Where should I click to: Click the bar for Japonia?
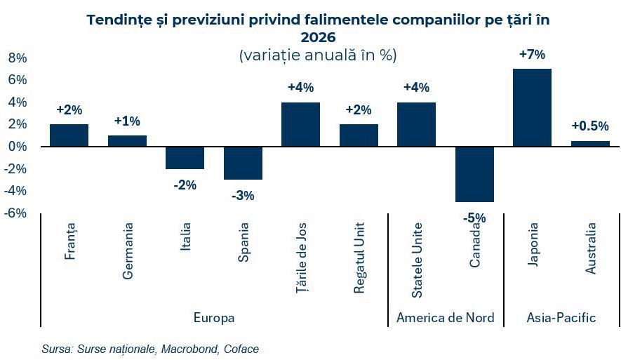[532, 107]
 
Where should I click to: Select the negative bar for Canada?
[474, 174]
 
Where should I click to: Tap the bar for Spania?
[243, 163]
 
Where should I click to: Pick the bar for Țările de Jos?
[300, 124]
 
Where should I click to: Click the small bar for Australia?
[590, 143]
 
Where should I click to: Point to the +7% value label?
[532, 55]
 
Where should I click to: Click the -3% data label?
[243, 195]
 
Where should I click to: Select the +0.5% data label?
[590, 126]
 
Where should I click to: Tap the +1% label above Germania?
[127, 121]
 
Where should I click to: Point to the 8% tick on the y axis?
[17, 58]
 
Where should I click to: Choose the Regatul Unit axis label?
[359, 253]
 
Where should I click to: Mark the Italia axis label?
[185, 240]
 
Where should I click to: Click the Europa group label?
[214, 318]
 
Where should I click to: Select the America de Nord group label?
[446, 318]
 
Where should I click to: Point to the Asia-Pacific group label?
[561, 318]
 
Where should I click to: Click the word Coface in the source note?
[242, 349]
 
